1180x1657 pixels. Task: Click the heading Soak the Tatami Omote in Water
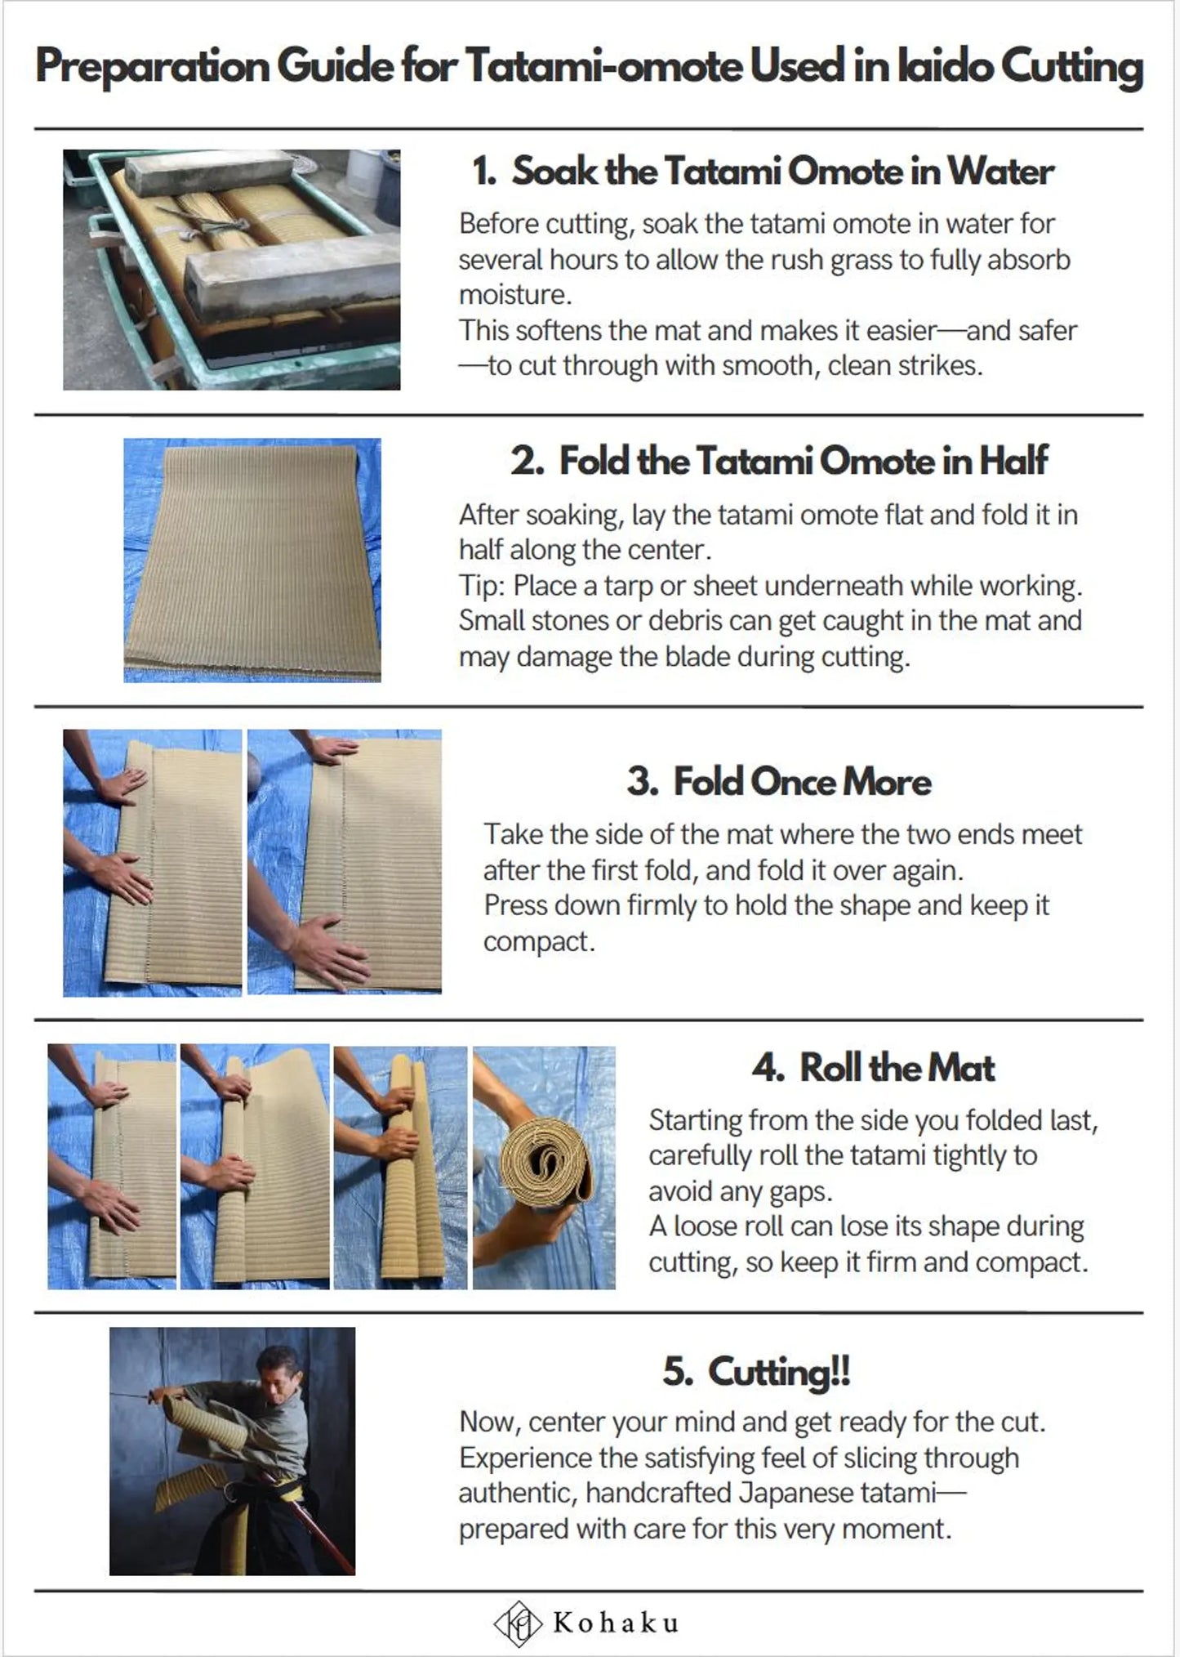click(x=782, y=172)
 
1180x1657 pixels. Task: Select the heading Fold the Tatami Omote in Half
click(x=803, y=461)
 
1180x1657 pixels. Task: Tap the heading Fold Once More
click(x=802, y=782)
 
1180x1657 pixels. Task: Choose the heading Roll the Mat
click(x=897, y=1067)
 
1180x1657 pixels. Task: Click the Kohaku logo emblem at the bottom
click(x=518, y=1622)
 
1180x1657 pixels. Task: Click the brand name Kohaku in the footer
click(x=616, y=1623)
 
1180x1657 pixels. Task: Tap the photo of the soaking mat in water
click(x=232, y=270)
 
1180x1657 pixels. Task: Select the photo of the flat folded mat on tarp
click(x=252, y=561)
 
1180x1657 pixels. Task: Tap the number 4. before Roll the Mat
click(x=768, y=1068)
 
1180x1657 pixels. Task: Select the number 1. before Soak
click(x=485, y=172)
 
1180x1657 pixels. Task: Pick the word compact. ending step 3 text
click(x=539, y=942)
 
